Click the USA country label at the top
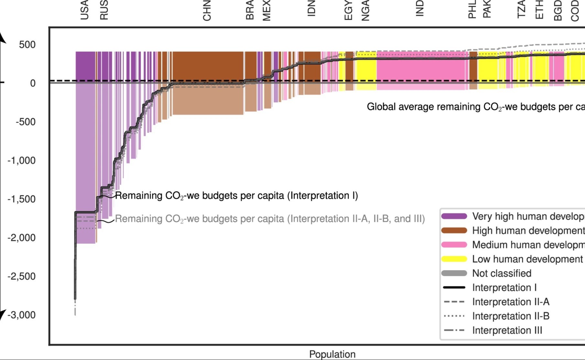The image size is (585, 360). coord(84,10)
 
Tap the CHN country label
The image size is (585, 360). coord(207,11)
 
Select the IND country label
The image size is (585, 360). coord(419,8)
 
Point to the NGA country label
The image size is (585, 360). coord(365,11)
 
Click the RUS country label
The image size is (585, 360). coord(104,10)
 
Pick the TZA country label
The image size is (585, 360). coord(521,9)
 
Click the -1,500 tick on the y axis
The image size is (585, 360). coord(22,199)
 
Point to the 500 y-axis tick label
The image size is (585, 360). coord(27,45)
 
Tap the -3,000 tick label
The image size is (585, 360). coord(22,315)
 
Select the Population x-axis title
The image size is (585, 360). coord(332,354)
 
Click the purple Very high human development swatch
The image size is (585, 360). coord(454,216)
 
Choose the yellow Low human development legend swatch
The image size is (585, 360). coord(454,259)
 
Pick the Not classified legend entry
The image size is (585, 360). coord(502,273)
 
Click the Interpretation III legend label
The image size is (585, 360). coord(507,330)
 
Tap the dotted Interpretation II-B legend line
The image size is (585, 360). coord(454,316)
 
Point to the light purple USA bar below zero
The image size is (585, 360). coord(85,162)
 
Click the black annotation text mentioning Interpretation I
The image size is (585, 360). coord(236,196)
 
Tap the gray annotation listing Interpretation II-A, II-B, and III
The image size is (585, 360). coord(270,219)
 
